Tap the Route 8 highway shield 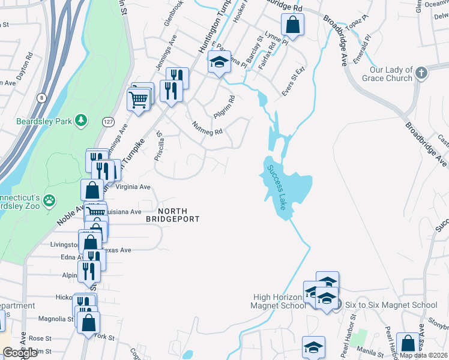(x=41, y=97)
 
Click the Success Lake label (x=276, y=187)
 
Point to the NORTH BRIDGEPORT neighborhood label (x=173, y=215)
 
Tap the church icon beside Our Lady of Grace (x=421, y=74)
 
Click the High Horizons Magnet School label (x=280, y=301)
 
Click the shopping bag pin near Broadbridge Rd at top (x=292, y=25)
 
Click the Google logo (x=20, y=353)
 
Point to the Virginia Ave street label (x=133, y=187)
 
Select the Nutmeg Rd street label (x=208, y=127)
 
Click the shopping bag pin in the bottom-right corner (x=408, y=344)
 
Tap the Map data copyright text (x=423, y=355)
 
